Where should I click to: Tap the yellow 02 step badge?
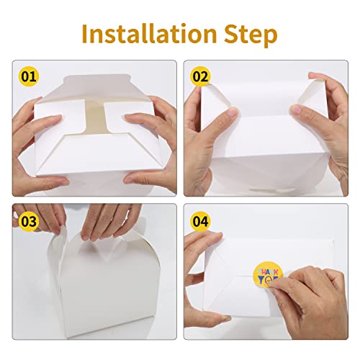coord(199,74)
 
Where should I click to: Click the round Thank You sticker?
coord(269,276)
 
